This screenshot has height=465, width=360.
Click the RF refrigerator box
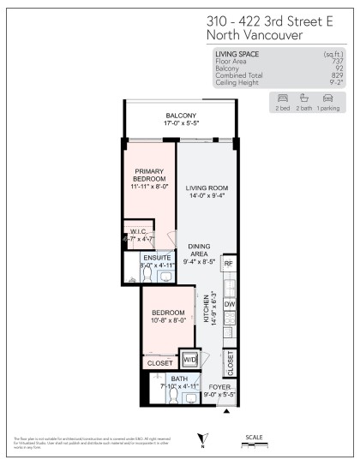[228, 264]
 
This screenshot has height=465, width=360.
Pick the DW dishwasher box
[228, 304]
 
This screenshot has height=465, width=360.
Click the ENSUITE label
[157, 257]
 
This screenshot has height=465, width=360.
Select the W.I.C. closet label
[140, 232]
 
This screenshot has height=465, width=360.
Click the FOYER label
[220, 387]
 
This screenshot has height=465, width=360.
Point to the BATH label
[178, 378]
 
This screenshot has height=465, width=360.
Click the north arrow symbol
[201, 438]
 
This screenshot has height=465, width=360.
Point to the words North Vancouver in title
[254, 35]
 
